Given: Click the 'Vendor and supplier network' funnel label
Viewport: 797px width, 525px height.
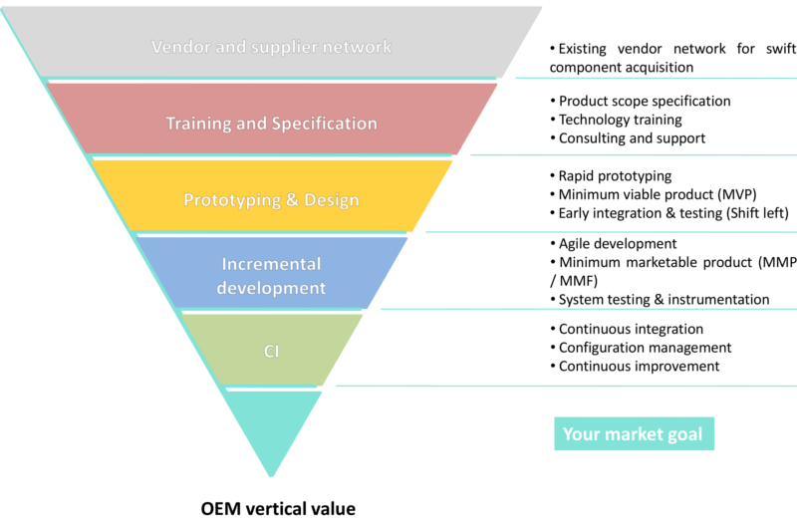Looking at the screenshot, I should pyautogui.click(x=271, y=47).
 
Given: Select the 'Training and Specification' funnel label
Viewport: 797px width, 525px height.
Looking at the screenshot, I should pyautogui.click(x=271, y=124).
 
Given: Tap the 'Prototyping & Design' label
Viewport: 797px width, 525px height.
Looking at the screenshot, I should pyautogui.click(x=271, y=199).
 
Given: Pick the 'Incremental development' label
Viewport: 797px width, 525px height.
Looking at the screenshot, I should pyautogui.click(x=271, y=276).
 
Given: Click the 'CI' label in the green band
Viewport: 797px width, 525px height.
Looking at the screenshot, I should pyautogui.click(x=271, y=351).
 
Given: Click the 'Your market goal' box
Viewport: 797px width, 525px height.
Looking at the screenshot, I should pyautogui.click(x=633, y=434).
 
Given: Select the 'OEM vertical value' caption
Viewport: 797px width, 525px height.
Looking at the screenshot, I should pyautogui.click(x=278, y=508).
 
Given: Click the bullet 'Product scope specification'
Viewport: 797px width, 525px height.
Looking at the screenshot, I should pyautogui.click(x=644, y=101).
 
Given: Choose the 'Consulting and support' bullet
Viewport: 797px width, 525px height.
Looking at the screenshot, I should pyautogui.click(x=632, y=138).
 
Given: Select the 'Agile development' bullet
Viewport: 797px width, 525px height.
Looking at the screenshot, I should pyautogui.click(x=618, y=243).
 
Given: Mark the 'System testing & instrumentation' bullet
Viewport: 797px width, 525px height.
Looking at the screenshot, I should pyautogui.click(x=664, y=299).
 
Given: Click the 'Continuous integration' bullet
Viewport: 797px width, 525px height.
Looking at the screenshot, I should pyautogui.click(x=631, y=329).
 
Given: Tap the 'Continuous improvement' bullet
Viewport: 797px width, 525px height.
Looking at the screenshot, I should pyautogui.click(x=638, y=367).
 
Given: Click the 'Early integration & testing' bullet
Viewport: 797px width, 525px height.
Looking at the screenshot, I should pyautogui.click(x=673, y=213).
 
